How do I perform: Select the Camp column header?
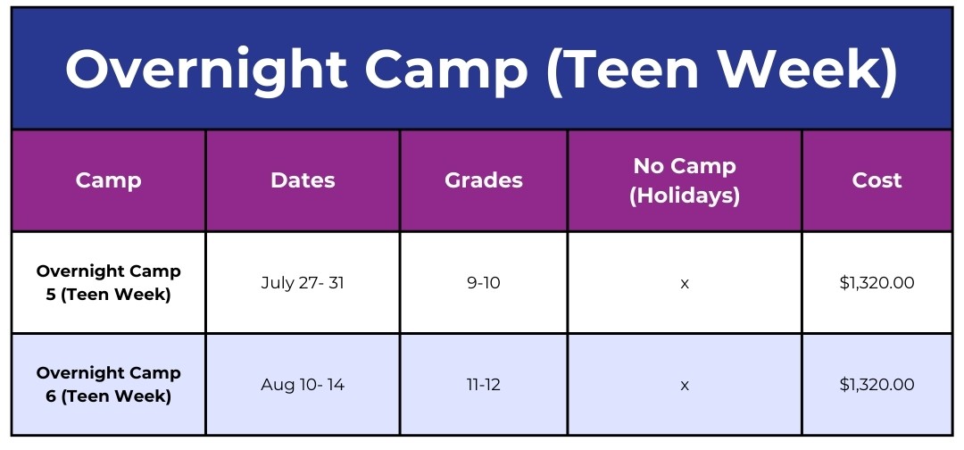coord(108,180)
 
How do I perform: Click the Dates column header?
coord(303,180)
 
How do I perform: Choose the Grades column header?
coord(484,180)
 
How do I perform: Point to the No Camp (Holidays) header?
coord(685,180)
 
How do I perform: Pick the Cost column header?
coord(877,180)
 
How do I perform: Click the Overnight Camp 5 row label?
coord(108,283)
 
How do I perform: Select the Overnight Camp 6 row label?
coord(108,384)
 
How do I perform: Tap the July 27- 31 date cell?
coord(303,283)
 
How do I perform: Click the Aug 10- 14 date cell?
coord(303,385)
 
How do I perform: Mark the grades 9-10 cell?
coord(484,283)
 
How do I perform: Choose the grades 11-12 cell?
coord(484,385)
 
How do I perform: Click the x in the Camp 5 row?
coord(685,283)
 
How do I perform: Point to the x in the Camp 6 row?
coord(685,386)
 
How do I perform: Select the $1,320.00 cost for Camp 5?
coord(877,283)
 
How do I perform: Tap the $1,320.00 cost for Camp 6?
coord(877,385)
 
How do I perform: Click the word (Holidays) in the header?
coord(685,196)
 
